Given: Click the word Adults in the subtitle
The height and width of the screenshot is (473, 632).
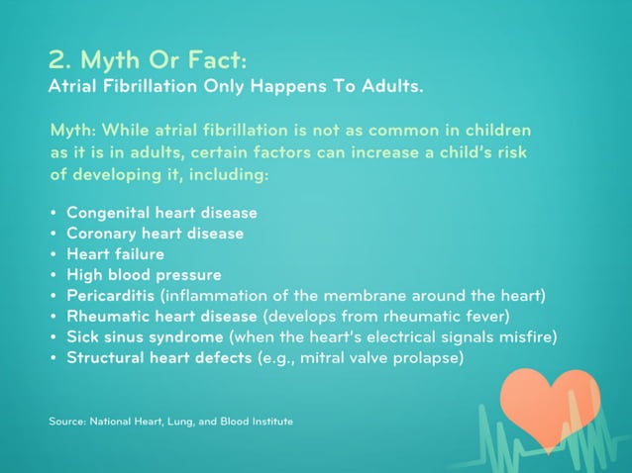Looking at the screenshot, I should [x=390, y=86].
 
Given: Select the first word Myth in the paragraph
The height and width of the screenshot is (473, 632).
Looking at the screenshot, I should [x=70, y=131].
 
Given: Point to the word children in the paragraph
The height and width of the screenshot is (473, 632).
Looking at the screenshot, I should [x=495, y=131].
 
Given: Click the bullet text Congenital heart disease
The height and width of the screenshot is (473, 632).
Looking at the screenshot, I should [x=161, y=213].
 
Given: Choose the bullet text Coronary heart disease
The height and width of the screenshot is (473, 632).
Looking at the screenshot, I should [x=155, y=234].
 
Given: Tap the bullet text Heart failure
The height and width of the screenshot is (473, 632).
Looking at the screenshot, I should [x=115, y=254].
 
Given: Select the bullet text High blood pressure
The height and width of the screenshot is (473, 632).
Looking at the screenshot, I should [x=144, y=275].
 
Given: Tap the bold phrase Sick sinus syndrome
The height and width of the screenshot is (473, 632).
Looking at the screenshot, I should [x=144, y=337].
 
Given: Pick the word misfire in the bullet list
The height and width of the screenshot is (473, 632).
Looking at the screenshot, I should [x=521, y=337].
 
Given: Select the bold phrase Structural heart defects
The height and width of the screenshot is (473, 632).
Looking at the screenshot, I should [x=158, y=358].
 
